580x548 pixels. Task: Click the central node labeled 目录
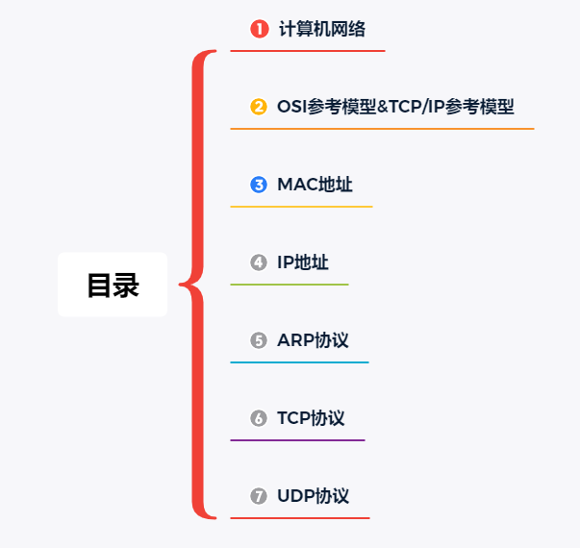pos(113,285)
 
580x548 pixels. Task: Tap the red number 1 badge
pos(259,29)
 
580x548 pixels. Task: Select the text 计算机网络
pos(322,29)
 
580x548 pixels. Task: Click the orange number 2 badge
pos(259,107)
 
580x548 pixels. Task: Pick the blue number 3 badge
pos(259,185)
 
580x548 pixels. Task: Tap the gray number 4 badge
pos(259,262)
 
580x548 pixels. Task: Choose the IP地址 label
pos(303,262)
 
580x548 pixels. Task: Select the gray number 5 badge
pos(259,340)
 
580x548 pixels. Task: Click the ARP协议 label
pos(313,340)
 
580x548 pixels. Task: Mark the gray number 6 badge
pos(259,418)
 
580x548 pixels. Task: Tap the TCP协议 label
pos(311,418)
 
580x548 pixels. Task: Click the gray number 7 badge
pos(259,496)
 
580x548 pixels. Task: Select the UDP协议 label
pos(313,496)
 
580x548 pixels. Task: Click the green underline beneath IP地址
pos(290,285)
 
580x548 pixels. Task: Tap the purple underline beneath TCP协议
pos(297,440)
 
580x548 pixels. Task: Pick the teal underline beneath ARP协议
pos(299,362)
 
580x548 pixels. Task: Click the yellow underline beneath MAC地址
pos(301,207)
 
